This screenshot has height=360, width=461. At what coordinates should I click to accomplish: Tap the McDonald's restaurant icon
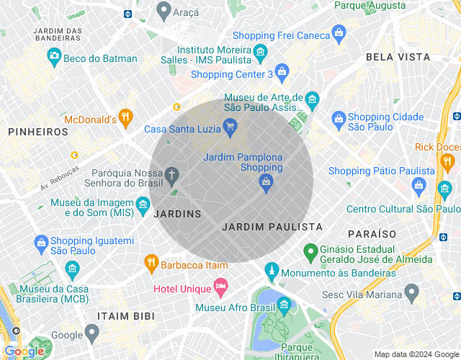point(126,117)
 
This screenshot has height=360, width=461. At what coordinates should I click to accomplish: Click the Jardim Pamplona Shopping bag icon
point(266,183)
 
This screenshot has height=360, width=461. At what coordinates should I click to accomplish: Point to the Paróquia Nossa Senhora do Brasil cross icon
point(171,174)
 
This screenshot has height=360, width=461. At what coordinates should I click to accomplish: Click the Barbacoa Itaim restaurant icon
point(151,264)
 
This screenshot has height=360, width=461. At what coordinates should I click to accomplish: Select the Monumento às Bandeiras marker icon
point(271,271)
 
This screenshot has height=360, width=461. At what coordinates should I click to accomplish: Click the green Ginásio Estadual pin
point(310,252)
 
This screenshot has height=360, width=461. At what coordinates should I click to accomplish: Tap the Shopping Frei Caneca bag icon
point(339,33)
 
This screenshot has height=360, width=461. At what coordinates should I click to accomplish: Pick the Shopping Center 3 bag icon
point(282,71)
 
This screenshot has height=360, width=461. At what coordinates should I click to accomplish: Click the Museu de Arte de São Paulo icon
point(311,99)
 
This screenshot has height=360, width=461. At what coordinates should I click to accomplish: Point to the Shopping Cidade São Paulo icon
point(338,119)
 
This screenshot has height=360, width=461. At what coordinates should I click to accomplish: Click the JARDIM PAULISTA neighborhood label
point(272,227)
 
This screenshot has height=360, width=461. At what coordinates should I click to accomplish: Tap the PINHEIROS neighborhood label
point(38,132)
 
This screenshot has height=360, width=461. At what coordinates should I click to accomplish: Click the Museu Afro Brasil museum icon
point(283,305)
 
